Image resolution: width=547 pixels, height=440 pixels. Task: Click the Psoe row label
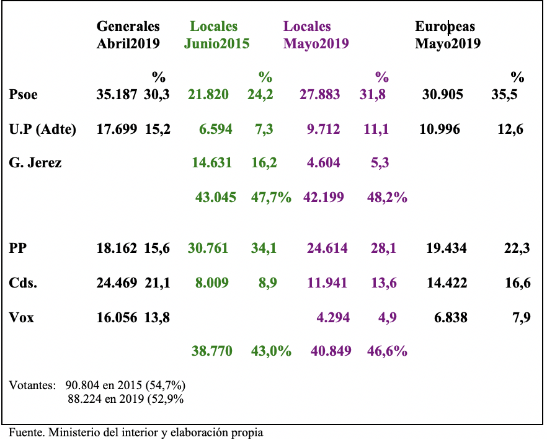point(24,95)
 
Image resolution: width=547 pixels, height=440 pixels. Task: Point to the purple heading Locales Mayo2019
point(316,35)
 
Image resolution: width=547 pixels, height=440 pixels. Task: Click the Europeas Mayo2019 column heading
point(448,35)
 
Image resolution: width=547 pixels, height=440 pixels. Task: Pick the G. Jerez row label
point(35,163)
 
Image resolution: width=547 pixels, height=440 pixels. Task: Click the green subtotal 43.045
point(216,197)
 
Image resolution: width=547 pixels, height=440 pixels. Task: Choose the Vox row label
point(22,318)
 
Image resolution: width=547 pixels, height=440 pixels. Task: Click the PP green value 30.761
point(208,249)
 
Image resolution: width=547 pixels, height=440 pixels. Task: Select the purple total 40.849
point(331,351)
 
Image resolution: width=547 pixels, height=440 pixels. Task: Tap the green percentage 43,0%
point(271,351)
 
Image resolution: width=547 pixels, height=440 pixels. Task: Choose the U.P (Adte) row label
point(43,129)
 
